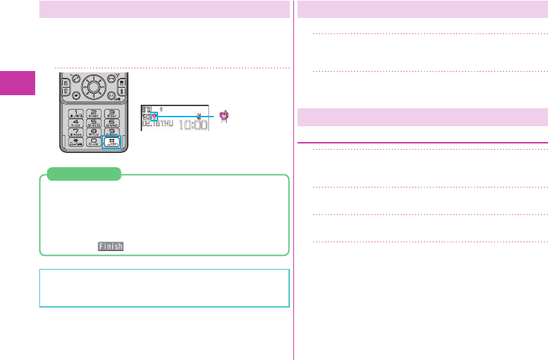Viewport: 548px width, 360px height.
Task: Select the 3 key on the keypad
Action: [110, 113]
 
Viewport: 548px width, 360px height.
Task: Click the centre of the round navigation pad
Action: [91, 88]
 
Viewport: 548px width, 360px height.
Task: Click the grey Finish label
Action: [110, 246]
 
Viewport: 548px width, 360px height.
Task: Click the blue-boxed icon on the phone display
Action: [154, 117]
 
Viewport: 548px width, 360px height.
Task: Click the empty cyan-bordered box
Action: [164, 288]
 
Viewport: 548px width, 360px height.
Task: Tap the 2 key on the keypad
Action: [91, 113]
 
